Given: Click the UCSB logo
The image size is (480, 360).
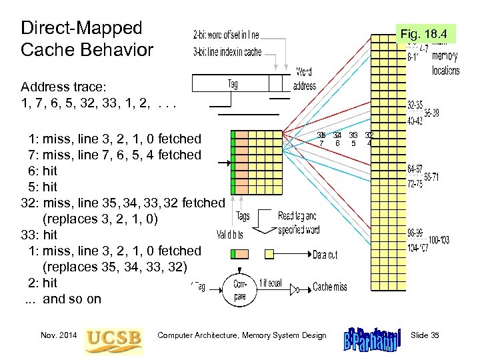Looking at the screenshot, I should pos(113,335).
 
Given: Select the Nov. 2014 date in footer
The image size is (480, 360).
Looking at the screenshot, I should pos(58,335).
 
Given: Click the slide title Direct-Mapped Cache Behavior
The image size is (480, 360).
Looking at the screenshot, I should pos(87,39).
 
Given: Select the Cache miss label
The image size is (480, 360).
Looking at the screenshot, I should pos(330,287).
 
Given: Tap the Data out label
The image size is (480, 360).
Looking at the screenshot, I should pos(325,255).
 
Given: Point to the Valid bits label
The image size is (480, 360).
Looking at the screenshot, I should pos(230,235).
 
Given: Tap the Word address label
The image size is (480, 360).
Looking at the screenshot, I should pos(304,79).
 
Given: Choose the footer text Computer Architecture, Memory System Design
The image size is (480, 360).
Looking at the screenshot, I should pos(242,335).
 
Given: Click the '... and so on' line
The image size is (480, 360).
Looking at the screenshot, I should pos(63,299).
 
